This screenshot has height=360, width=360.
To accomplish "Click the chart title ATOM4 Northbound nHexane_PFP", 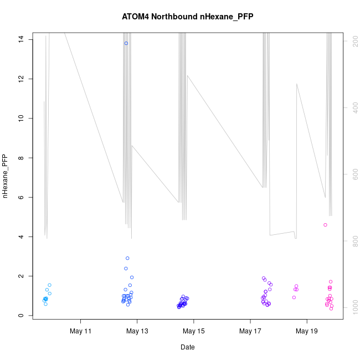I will pos(187,17).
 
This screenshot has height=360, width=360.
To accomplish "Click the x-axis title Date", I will pos(187,347).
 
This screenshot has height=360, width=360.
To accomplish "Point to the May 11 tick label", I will pos(81,332).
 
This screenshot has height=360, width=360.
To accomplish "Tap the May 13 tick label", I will pos(137,332).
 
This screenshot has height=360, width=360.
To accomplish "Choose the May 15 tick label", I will pos(194,332).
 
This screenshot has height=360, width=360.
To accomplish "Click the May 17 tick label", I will pos(250,332).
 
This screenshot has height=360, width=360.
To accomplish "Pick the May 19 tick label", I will pos(307,332).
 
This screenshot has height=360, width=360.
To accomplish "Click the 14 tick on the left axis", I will pos(20,39).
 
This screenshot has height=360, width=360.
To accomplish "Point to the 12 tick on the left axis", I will pos(20,79).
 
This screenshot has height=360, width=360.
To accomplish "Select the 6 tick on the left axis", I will pos(20,198).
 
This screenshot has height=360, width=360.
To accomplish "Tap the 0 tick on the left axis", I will pos(20,316).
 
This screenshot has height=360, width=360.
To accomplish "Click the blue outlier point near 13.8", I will pos(126,43).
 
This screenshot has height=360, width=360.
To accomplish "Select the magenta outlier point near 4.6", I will pos(325,225).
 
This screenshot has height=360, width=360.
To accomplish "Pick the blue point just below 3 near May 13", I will pos(127,258).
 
